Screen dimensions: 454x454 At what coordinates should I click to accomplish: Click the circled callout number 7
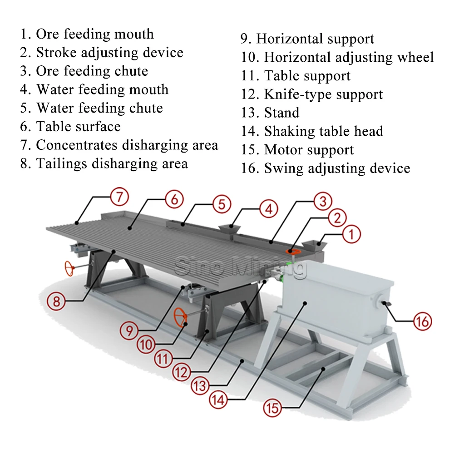(119, 197)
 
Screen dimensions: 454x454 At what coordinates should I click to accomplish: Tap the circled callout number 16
(422, 321)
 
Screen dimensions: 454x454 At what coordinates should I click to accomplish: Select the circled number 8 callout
(56, 301)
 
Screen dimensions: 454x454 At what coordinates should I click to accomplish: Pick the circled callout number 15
(272, 408)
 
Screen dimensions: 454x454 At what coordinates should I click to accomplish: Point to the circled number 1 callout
(351, 234)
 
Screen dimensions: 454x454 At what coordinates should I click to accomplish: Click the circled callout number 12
(182, 372)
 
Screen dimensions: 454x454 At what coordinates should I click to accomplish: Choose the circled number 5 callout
(222, 204)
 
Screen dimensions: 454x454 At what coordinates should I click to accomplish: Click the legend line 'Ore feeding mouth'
(87, 34)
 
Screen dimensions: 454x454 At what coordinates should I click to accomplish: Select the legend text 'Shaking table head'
(312, 131)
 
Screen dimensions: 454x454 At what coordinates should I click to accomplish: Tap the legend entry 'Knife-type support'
(312, 94)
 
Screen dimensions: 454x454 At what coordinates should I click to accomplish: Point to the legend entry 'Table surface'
(70, 127)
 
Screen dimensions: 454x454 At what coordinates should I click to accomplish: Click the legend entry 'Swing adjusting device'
(326, 168)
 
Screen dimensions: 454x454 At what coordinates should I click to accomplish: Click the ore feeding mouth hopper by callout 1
(315, 246)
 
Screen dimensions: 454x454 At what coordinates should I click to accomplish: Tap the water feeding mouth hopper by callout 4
(229, 228)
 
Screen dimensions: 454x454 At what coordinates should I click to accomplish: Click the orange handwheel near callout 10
(180, 317)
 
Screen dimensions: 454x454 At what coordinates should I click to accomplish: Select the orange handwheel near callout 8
(69, 269)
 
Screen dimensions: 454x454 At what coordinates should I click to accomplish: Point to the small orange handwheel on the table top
(293, 252)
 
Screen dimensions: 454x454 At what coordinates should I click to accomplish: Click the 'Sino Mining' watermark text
(240, 266)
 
